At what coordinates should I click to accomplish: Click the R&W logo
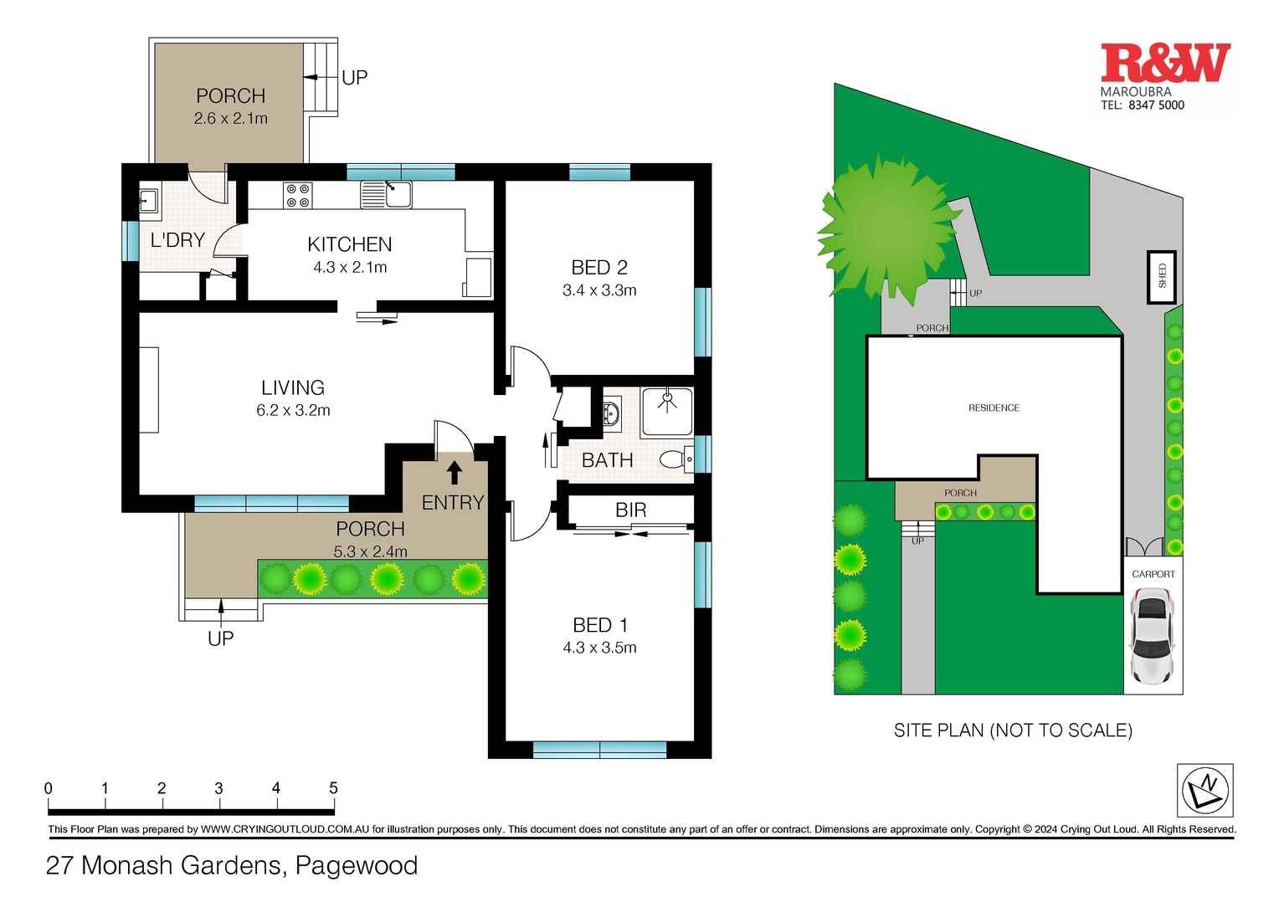tap(1164, 64)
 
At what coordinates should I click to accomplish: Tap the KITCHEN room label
tap(349, 244)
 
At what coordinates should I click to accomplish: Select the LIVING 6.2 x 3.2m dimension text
tap(293, 411)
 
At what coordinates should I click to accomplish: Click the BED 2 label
tap(598, 268)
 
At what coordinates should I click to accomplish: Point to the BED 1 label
tap(599, 625)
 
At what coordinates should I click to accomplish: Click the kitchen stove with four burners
tap(297, 195)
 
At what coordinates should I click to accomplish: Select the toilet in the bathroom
tap(675, 459)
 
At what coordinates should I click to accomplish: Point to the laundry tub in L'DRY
tap(148, 201)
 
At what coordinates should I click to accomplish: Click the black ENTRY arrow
tap(454, 473)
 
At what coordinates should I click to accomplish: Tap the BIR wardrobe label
tap(630, 510)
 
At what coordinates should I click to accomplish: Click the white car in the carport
tap(1152, 635)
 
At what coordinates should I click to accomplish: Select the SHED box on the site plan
tap(1162, 277)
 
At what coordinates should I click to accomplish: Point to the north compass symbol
tap(1204, 790)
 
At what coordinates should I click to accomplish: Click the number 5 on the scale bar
tap(333, 788)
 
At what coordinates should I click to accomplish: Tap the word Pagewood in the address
tap(357, 865)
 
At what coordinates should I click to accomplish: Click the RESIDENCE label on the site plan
tap(994, 408)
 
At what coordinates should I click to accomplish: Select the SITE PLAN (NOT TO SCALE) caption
tap(1013, 730)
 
